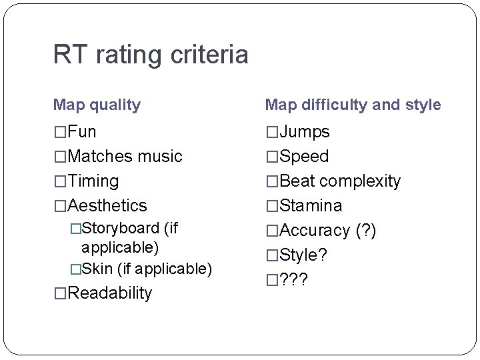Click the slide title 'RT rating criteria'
coord(151,55)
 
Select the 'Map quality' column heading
coord(97,105)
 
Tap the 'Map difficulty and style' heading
coord(353,105)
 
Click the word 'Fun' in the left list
coord(82,132)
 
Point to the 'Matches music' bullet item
coord(125,157)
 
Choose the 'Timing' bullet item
coord(93,181)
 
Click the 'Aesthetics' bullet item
coord(107,206)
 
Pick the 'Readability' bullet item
coord(110,293)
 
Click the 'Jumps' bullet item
coord(305,132)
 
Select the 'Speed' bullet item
coord(305,157)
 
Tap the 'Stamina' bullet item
coord(311,206)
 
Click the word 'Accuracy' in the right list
coord(315,231)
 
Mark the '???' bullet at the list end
coord(294,280)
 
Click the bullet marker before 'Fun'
coord(60,132)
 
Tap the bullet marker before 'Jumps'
coord(272,132)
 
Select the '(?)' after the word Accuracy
coord(365,231)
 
